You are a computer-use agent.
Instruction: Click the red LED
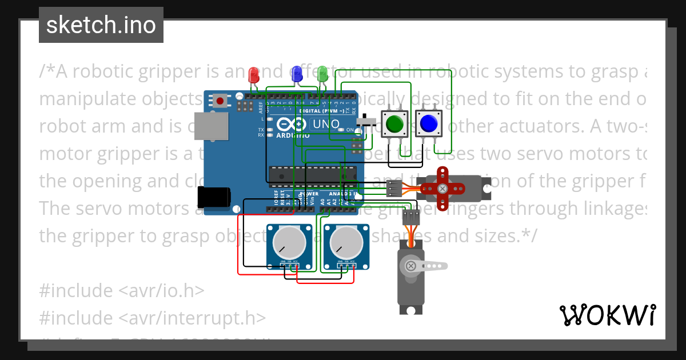pos(254,75)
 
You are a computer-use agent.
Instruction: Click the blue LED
pos(297,74)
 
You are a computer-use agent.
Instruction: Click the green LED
pos(322,74)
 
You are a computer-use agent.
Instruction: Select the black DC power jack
pos(214,197)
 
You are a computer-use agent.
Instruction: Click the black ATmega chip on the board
pos(313,175)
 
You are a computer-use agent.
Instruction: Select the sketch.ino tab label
pos(101,25)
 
